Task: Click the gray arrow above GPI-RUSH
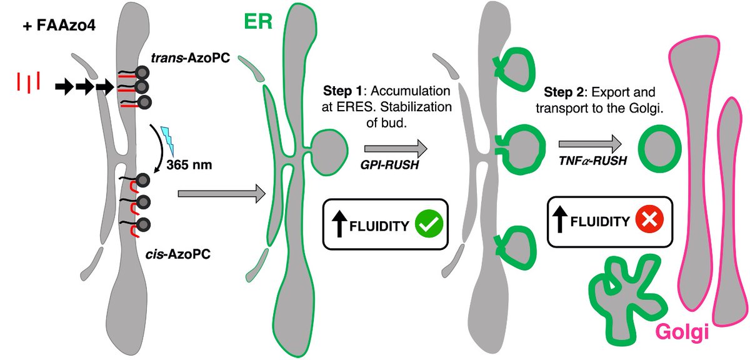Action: coord(395,149)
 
